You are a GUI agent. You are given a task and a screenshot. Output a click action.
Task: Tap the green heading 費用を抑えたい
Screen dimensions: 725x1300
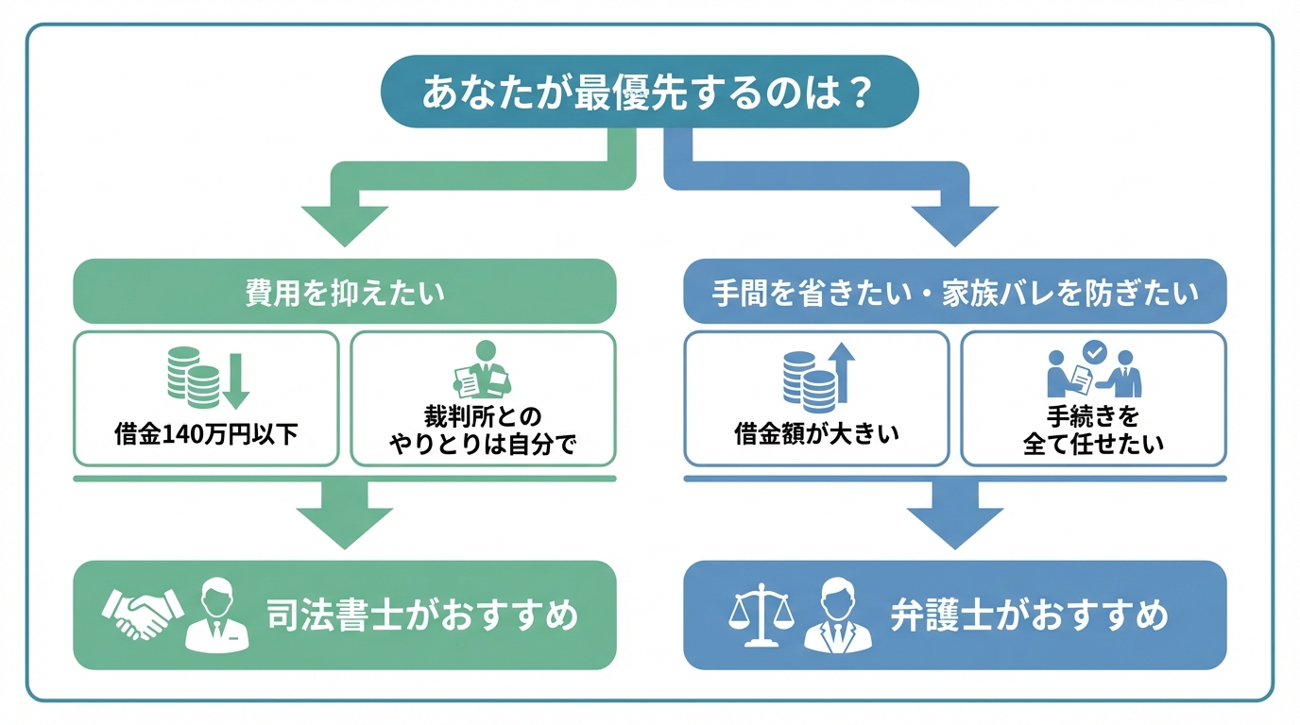point(345,292)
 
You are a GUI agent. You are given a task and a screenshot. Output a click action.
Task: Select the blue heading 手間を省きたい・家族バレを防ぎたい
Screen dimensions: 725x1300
point(954,292)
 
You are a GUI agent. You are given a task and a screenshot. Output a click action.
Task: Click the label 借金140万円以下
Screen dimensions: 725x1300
point(206,435)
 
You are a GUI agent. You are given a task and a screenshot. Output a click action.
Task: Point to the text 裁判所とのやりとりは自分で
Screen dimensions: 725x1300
point(483,430)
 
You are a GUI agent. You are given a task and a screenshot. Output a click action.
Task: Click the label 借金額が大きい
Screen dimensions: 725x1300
point(816,435)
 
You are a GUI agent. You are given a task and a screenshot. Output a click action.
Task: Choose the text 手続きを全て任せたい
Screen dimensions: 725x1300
point(1093,430)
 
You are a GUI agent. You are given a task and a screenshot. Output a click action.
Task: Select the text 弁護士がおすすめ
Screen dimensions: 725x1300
point(1029,616)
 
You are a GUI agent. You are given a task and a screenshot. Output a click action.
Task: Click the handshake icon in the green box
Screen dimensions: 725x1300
point(143,616)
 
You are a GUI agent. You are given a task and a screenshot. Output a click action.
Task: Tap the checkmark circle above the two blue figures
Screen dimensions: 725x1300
point(1094,351)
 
